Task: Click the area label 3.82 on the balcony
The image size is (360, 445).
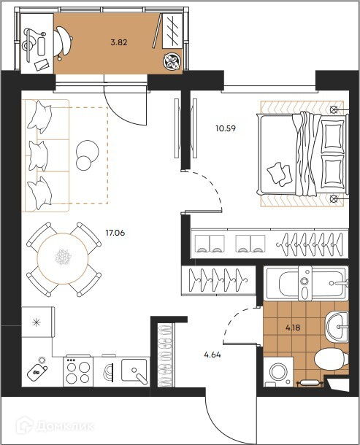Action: [x=119, y=43]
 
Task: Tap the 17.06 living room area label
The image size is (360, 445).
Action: [x=115, y=233]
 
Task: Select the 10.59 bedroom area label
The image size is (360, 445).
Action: [x=226, y=128]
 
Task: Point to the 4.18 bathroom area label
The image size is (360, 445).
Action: [x=293, y=328]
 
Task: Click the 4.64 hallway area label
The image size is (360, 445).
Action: [x=212, y=355]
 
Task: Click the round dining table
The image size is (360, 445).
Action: [x=63, y=258]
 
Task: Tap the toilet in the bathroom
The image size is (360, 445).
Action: [x=332, y=360]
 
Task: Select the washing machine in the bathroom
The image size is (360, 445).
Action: [x=278, y=372]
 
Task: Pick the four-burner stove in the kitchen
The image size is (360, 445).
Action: [x=78, y=371]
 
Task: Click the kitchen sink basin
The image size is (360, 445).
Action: [x=134, y=371]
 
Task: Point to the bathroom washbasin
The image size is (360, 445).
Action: [x=337, y=327]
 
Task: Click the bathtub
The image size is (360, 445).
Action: [x=306, y=282]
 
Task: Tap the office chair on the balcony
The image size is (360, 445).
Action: [x=63, y=42]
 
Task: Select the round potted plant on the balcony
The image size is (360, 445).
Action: [x=172, y=61]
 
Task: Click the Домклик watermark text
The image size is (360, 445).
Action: [x=65, y=426]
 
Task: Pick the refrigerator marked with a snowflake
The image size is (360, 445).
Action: [x=38, y=322]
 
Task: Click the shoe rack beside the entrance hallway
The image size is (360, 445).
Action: [x=166, y=355]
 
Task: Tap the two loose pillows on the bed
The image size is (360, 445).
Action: [x=280, y=174]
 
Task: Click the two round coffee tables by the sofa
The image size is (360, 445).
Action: [x=87, y=155]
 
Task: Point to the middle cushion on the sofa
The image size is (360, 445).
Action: [x=39, y=155]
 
